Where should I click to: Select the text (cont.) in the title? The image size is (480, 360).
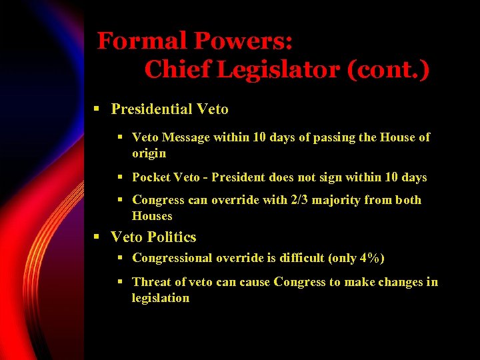(389, 69)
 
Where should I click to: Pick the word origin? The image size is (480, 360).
(149, 153)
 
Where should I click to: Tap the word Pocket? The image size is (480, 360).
(151, 177)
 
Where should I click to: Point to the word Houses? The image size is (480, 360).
(152, 216)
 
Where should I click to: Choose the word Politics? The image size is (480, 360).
(172, 237)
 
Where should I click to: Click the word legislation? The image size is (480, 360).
(161, 298)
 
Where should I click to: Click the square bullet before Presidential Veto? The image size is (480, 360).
(97, 109)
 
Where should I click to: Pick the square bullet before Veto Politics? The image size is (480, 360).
(97, 237)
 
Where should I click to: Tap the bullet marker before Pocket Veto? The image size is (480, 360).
(120, 177)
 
